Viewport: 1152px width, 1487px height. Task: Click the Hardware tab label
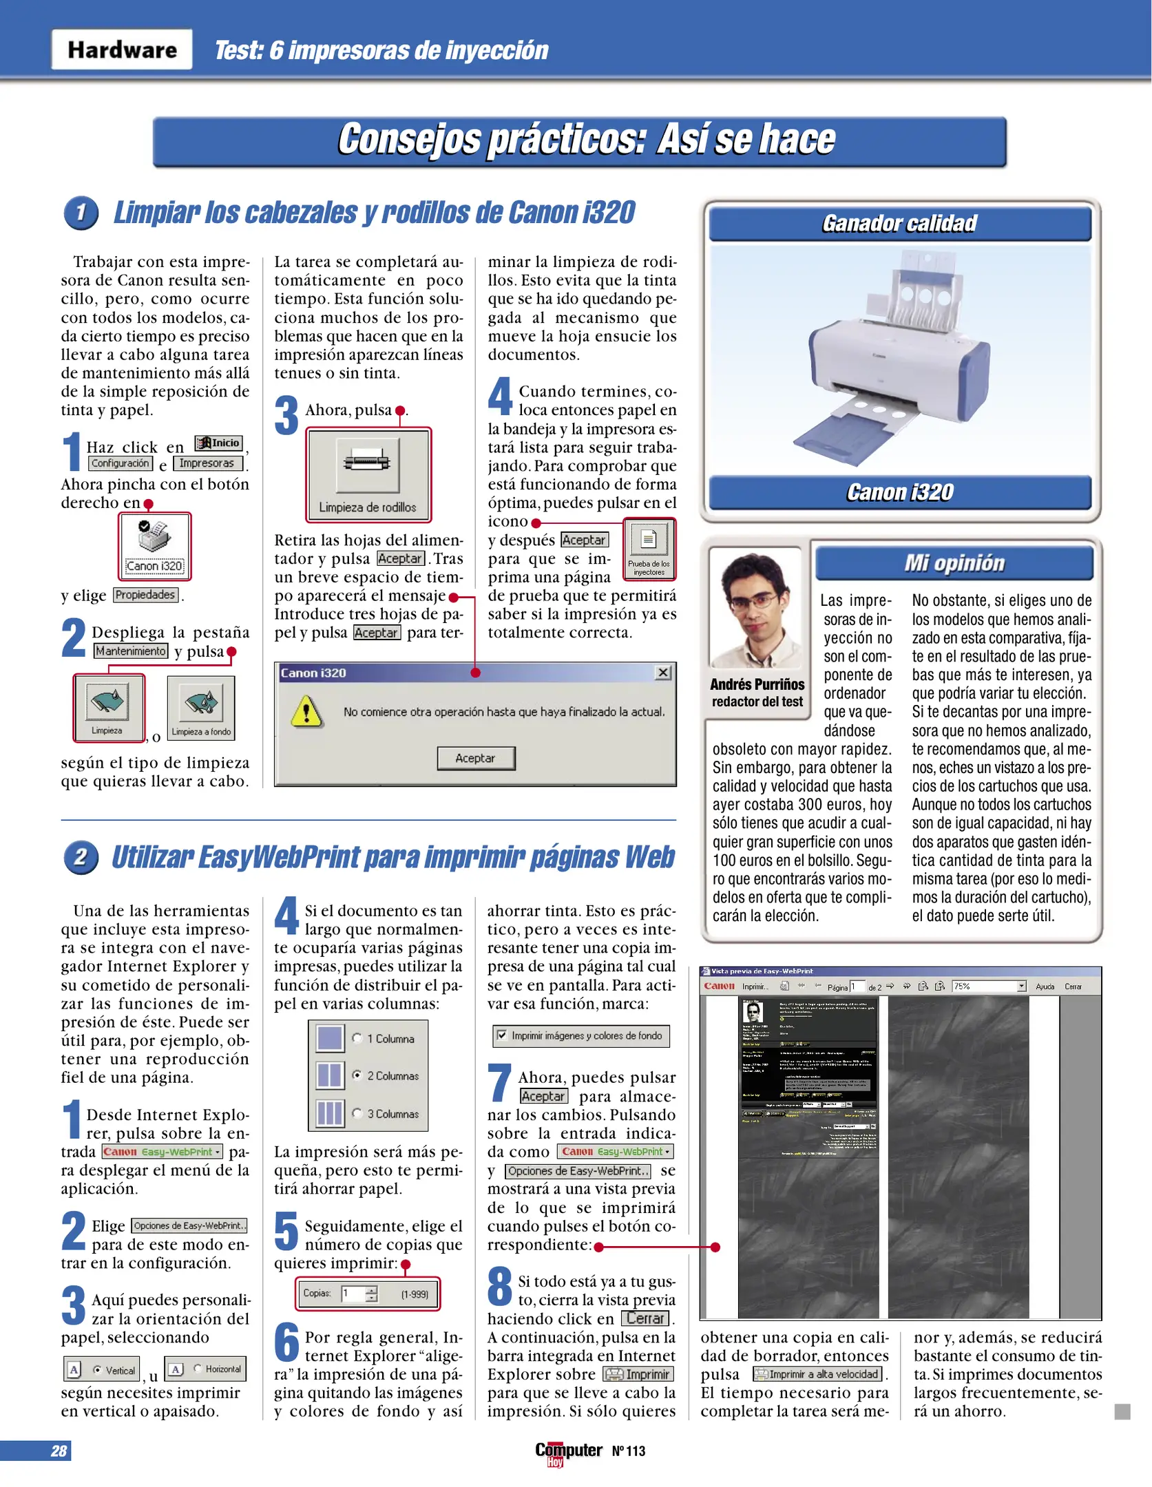tap(122, 50)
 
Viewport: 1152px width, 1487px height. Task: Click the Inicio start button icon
tap(218, 443)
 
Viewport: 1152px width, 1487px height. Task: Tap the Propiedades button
tap(145, 595)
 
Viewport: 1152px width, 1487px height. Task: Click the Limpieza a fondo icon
tap(201, 707)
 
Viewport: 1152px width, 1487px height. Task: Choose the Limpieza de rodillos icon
tap(368, 474)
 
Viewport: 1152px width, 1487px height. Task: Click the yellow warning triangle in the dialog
tap(306, 711)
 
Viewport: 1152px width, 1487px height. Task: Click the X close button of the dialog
tap(662, 673)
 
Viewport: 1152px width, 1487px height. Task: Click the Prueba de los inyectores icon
tap(649, 547)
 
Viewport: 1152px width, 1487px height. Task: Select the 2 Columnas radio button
tap(357, 1075)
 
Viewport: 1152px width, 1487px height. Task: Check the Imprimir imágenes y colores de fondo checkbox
tap(502, 1035)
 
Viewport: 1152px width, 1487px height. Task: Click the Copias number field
tap(354, 1294)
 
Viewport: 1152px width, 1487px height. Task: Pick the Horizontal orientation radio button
tap(198, 1369)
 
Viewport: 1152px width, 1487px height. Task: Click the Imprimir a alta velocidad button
tap(818, 1374)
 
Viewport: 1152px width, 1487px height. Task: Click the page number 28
tap(59, 1451)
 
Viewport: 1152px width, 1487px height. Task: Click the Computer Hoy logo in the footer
tap(568, 1452)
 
